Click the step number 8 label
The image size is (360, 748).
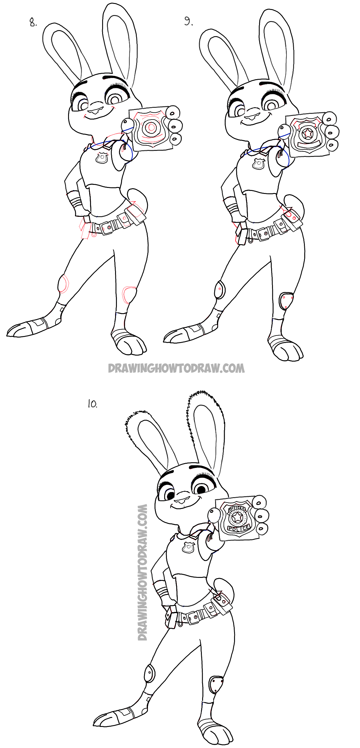click(x=33, y=22)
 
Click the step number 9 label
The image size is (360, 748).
click(x=188, y=21)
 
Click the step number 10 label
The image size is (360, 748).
click(x=92, y=404)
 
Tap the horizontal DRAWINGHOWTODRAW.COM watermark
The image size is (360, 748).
click(x=176, y=368)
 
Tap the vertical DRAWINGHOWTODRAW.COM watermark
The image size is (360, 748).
click(x=142, y=572)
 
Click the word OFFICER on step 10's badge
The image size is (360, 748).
click(x=237, y=509)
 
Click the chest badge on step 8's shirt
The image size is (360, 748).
click(x=102, y=158)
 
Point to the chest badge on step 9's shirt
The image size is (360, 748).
click(x=258, y=164)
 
